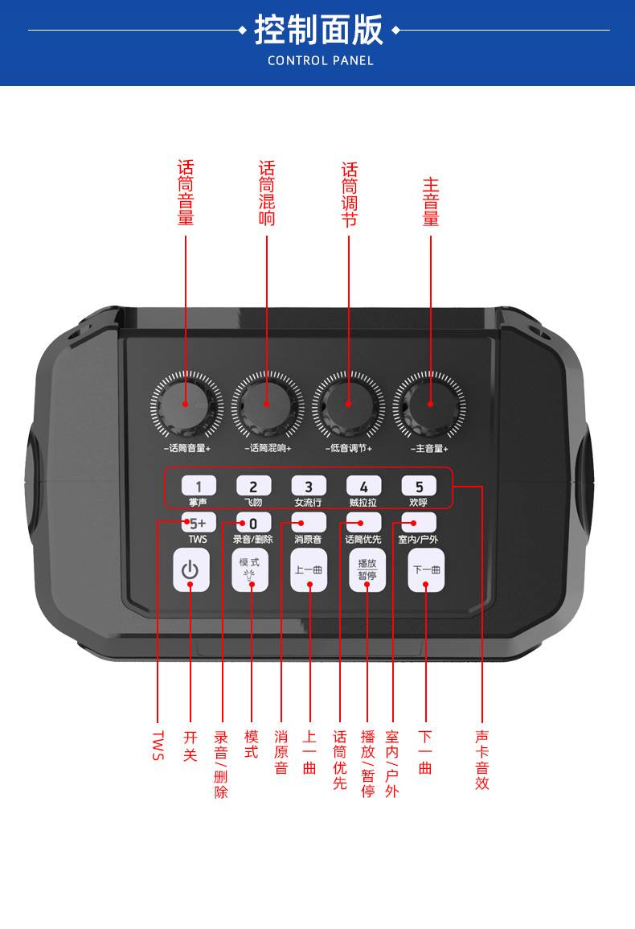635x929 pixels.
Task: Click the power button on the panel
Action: pos(190,570)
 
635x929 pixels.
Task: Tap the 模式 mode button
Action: pos(250,570)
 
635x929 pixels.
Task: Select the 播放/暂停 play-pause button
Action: pos(367,570)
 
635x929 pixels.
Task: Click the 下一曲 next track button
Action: pos(427,570)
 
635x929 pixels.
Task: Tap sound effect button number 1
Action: pos(199,487)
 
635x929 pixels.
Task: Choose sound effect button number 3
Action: pos(309,487)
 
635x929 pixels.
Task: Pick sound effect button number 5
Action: pos(419,487)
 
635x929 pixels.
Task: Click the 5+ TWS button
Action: pos(199,523)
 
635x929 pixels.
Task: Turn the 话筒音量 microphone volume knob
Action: pos(186,405)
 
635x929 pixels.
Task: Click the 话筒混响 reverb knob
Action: pos(267,405)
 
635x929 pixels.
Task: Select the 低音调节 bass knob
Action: pos(348,405)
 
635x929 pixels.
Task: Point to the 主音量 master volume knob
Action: pos(429,405)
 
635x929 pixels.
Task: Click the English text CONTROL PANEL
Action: pos(321,60)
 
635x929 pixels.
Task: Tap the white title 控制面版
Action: pos(318,30)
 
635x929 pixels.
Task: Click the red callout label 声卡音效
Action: pos(482,760)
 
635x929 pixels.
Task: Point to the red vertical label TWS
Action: pos(158,745)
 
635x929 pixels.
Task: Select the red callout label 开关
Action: pos(190,746)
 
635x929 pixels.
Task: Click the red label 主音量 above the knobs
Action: pos(431,202)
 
